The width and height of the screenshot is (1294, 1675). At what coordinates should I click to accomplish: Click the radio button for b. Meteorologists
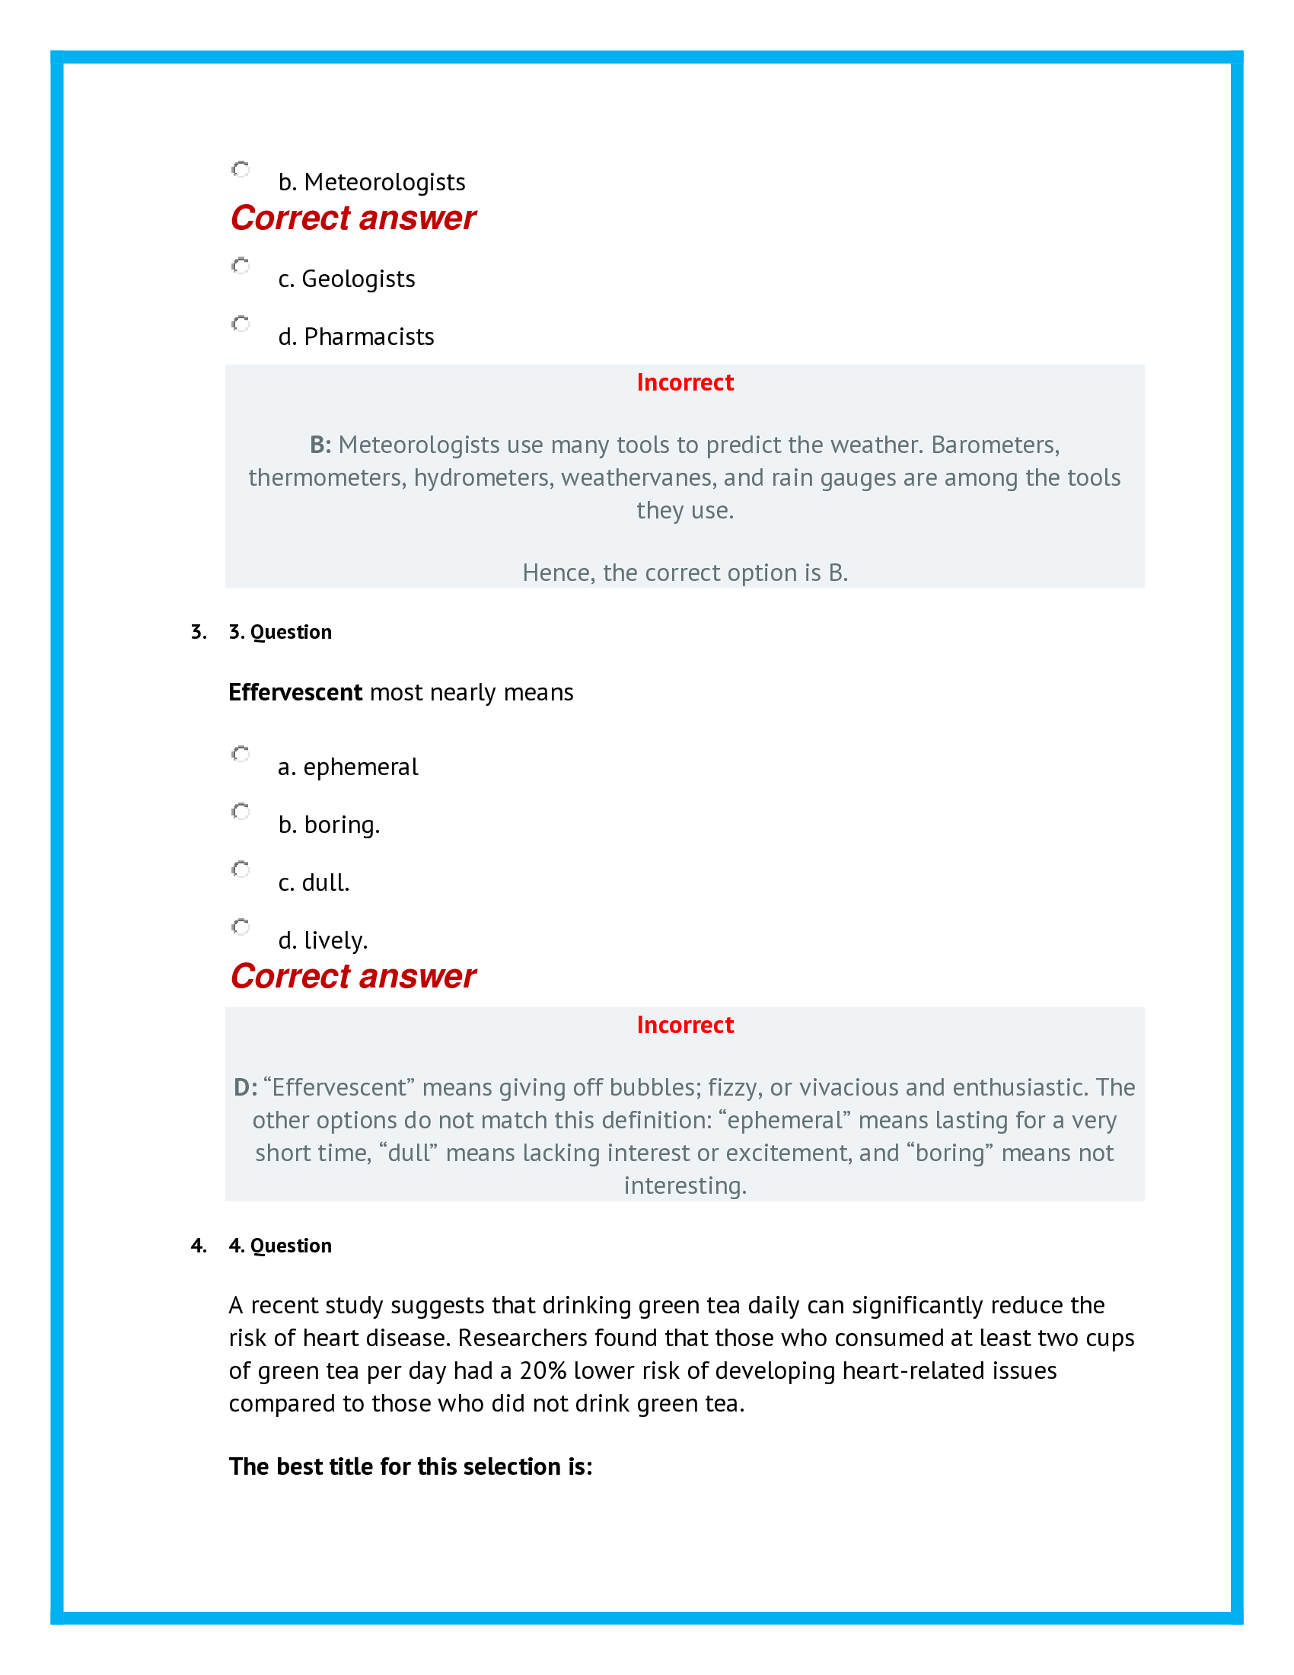(241, 170)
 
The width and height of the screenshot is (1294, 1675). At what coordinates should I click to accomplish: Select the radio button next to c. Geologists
(241, 266)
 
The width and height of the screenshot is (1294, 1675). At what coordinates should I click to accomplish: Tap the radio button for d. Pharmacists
(241, 324)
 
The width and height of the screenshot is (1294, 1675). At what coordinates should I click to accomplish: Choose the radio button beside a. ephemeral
(241, 754)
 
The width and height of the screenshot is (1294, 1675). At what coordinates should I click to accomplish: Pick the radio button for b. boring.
(241, 812)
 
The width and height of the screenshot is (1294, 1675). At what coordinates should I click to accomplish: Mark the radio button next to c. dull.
(241, 869)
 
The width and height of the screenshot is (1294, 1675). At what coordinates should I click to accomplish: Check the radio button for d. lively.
(241, 927)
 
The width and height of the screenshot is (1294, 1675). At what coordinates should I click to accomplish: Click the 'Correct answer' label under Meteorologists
(352, 219)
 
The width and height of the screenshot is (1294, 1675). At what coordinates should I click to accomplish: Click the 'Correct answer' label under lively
(352, 977)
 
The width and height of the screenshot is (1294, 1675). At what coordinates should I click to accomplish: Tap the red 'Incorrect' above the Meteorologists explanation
(684, 383)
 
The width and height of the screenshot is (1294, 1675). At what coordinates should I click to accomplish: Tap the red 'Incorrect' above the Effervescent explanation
(684, 1026)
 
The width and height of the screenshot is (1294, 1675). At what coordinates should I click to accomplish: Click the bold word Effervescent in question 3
(295, 693)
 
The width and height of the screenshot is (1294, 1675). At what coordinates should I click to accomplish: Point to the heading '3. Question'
(280, 632)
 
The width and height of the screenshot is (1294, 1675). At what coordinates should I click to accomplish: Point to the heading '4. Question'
(280, 1246)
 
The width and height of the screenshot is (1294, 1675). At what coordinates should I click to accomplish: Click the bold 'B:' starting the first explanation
(320, 445)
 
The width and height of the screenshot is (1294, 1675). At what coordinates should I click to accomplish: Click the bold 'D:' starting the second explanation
(245, 1087)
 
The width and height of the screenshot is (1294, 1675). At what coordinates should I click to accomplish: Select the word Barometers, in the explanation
(995, 445)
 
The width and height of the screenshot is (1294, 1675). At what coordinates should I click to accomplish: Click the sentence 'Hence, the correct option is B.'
(684, 573)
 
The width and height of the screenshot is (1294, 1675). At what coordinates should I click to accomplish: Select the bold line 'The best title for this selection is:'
(410, 1466)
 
